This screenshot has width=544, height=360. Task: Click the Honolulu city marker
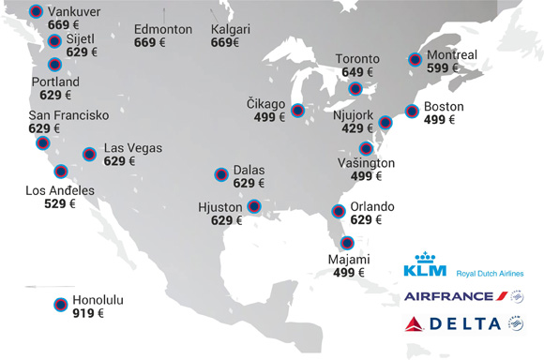[x=60, y=304]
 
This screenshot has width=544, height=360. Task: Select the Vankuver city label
[x=76, y=11]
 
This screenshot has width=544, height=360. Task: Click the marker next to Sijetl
[x=54, y=41]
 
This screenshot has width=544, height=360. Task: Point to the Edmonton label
[x=163, y=29]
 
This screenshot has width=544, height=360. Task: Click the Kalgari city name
[x=231, y=29]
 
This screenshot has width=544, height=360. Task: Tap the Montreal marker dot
[x=416, y=59]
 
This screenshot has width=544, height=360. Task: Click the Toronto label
[x=357, y=59]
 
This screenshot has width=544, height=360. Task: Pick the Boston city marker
[x=411, y=112]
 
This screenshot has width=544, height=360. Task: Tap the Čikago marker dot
[x=297, y=111]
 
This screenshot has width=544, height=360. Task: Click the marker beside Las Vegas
[x=89, y=154]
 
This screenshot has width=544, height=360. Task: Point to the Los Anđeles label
[x=60, y=190]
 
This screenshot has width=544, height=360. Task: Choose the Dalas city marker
[x=221, y=173]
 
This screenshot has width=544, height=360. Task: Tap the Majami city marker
[x=348, y=243]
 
